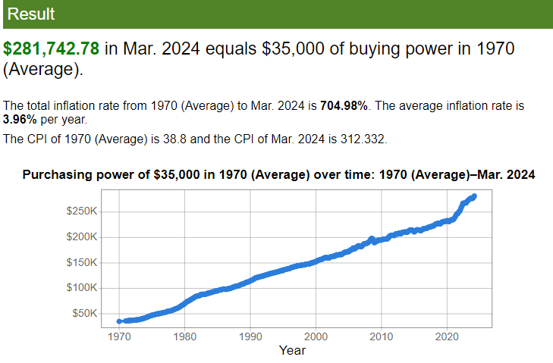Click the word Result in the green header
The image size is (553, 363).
coord(30,14)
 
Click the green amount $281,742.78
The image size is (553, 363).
coord(52,49)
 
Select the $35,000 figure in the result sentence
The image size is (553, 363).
coord(293,49)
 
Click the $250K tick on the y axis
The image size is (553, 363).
coord(81,210)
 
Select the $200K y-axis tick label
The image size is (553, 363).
coord(81,237)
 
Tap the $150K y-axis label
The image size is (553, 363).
coord(81,263)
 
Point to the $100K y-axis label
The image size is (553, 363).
coord(81,288)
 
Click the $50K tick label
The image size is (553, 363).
coord(83,314)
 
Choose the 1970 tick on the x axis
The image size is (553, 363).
coord(119,336)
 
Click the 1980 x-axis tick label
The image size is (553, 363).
coord(185,336)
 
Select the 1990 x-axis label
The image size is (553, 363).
coord(250,336)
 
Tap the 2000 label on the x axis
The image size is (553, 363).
coord(316,336)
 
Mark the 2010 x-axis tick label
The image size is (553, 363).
coord(382,336)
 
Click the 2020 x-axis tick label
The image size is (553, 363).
coord(447,336)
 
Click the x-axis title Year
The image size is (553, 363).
coord(292,350)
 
